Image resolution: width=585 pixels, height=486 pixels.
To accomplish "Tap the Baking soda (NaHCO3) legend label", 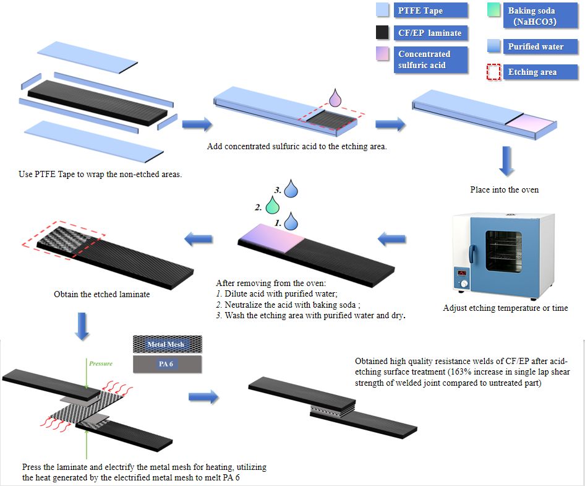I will click(531, 15).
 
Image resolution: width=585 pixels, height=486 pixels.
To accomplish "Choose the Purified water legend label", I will click(536, 46).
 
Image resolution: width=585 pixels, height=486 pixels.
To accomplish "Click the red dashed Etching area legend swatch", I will click(493, 72).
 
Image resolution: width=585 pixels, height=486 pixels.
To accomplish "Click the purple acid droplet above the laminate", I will click(335, 98).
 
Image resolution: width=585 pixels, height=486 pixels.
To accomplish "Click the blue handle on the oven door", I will click(471, 253).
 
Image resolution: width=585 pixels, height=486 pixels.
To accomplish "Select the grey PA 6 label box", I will click(167, 364).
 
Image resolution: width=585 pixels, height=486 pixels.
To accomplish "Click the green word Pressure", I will click(101, 363).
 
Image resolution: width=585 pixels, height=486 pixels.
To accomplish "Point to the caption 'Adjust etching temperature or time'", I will click(505, 308).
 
